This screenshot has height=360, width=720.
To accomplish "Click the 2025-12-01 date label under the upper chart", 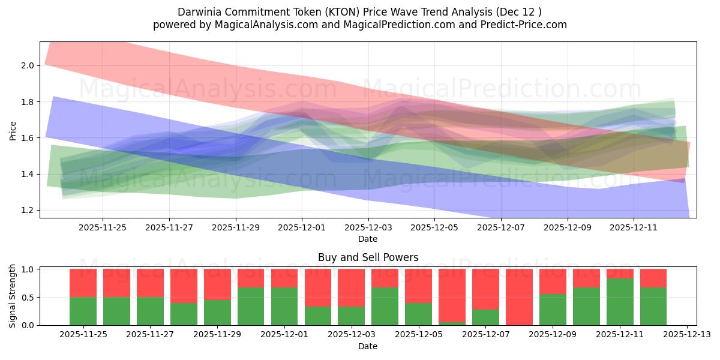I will [302, 227].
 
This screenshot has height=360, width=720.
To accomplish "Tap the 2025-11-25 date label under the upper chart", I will [103, 227].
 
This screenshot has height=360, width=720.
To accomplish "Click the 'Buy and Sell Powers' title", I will [368, 258].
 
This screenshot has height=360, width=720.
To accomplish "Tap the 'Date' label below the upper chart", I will [368, 239].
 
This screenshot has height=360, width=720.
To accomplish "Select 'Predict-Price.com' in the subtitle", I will [522, 25].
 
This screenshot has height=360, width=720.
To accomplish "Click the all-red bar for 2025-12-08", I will [519, 297].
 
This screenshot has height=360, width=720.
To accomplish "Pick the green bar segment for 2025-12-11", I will [620, 302].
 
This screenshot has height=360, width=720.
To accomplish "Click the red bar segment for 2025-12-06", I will [452, 295].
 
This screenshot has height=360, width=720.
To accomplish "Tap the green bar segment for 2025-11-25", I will [83, 311].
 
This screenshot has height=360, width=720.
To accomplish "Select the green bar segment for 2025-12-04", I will [385, 306].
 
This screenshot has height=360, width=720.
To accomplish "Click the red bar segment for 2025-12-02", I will [317, 288].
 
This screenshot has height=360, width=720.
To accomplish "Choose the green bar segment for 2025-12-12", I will [653, 306].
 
